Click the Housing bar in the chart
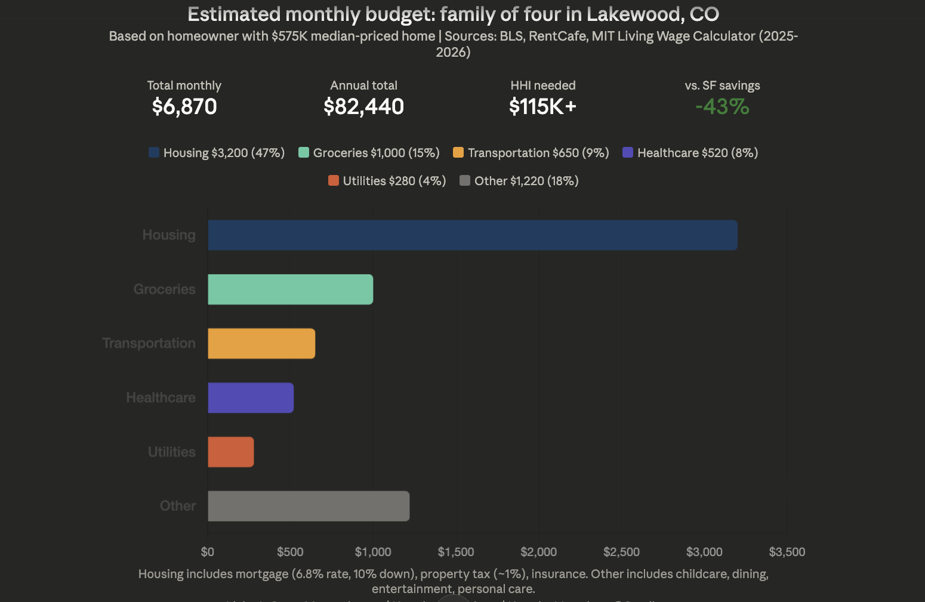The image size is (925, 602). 472,235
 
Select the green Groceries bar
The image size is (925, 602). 290,290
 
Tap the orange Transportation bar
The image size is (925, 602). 261,343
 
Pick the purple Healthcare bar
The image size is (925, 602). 251,398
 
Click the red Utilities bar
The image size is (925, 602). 230,452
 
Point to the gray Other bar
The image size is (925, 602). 309,506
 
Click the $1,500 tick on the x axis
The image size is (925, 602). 456,552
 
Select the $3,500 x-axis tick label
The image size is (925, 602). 787,552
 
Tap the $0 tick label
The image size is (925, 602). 208,552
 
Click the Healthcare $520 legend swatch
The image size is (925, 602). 628,153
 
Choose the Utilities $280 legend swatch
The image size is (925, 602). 334,181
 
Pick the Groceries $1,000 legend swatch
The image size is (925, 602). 304,153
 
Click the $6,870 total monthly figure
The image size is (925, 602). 184,107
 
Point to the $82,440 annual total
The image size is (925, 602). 363,107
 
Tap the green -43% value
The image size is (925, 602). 722,107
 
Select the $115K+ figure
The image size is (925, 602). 542,107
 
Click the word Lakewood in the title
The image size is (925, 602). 635,14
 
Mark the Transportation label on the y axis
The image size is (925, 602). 149,343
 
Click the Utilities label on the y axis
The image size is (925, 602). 172,452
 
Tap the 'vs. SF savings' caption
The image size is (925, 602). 722,85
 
